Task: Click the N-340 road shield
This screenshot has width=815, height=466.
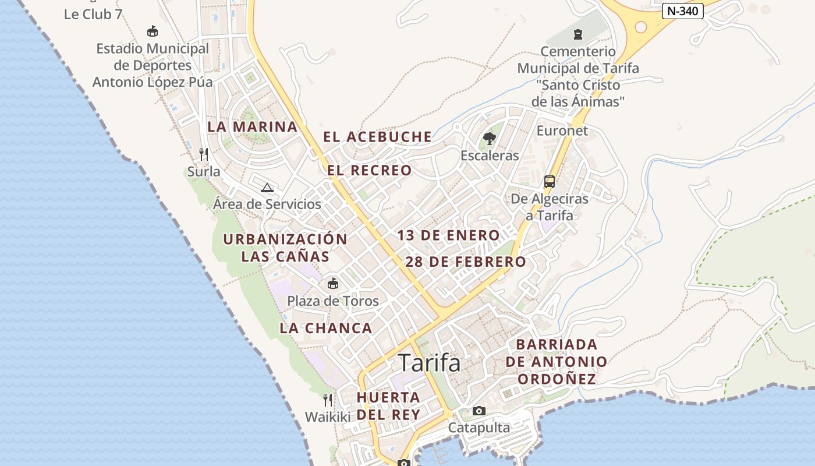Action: coord(683,11)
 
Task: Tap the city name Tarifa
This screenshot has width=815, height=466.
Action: coord(429,362)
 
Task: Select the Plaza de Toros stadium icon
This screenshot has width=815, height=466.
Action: coord(333,284)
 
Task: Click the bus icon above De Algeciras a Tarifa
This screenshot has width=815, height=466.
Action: coord(550,181)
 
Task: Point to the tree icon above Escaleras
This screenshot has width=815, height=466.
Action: coord(490,139)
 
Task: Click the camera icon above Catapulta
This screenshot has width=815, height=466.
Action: coord(479,411)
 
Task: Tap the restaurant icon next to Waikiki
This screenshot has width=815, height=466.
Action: coord(328,400)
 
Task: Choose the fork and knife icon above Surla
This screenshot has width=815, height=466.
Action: coord(204,154)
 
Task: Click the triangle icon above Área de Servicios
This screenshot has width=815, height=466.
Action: coord(267,188)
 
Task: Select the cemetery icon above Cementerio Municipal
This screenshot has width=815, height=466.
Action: coord(577,34)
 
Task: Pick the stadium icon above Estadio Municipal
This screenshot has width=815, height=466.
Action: coord(153,31)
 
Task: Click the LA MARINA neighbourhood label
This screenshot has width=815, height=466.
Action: coord(252,126)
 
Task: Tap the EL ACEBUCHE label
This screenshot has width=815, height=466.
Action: coord(377,137)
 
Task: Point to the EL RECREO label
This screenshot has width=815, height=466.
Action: coord(369,171)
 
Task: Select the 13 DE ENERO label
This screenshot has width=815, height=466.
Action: coord(448,236)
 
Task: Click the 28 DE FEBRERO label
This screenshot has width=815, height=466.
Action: coord(466,262)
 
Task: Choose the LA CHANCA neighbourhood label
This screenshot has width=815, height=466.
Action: coord(326,328)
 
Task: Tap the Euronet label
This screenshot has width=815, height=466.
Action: coord(562,130)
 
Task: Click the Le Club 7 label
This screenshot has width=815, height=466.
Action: coord(93,15)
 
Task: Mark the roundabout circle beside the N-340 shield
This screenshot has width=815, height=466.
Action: coord(641,27)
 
